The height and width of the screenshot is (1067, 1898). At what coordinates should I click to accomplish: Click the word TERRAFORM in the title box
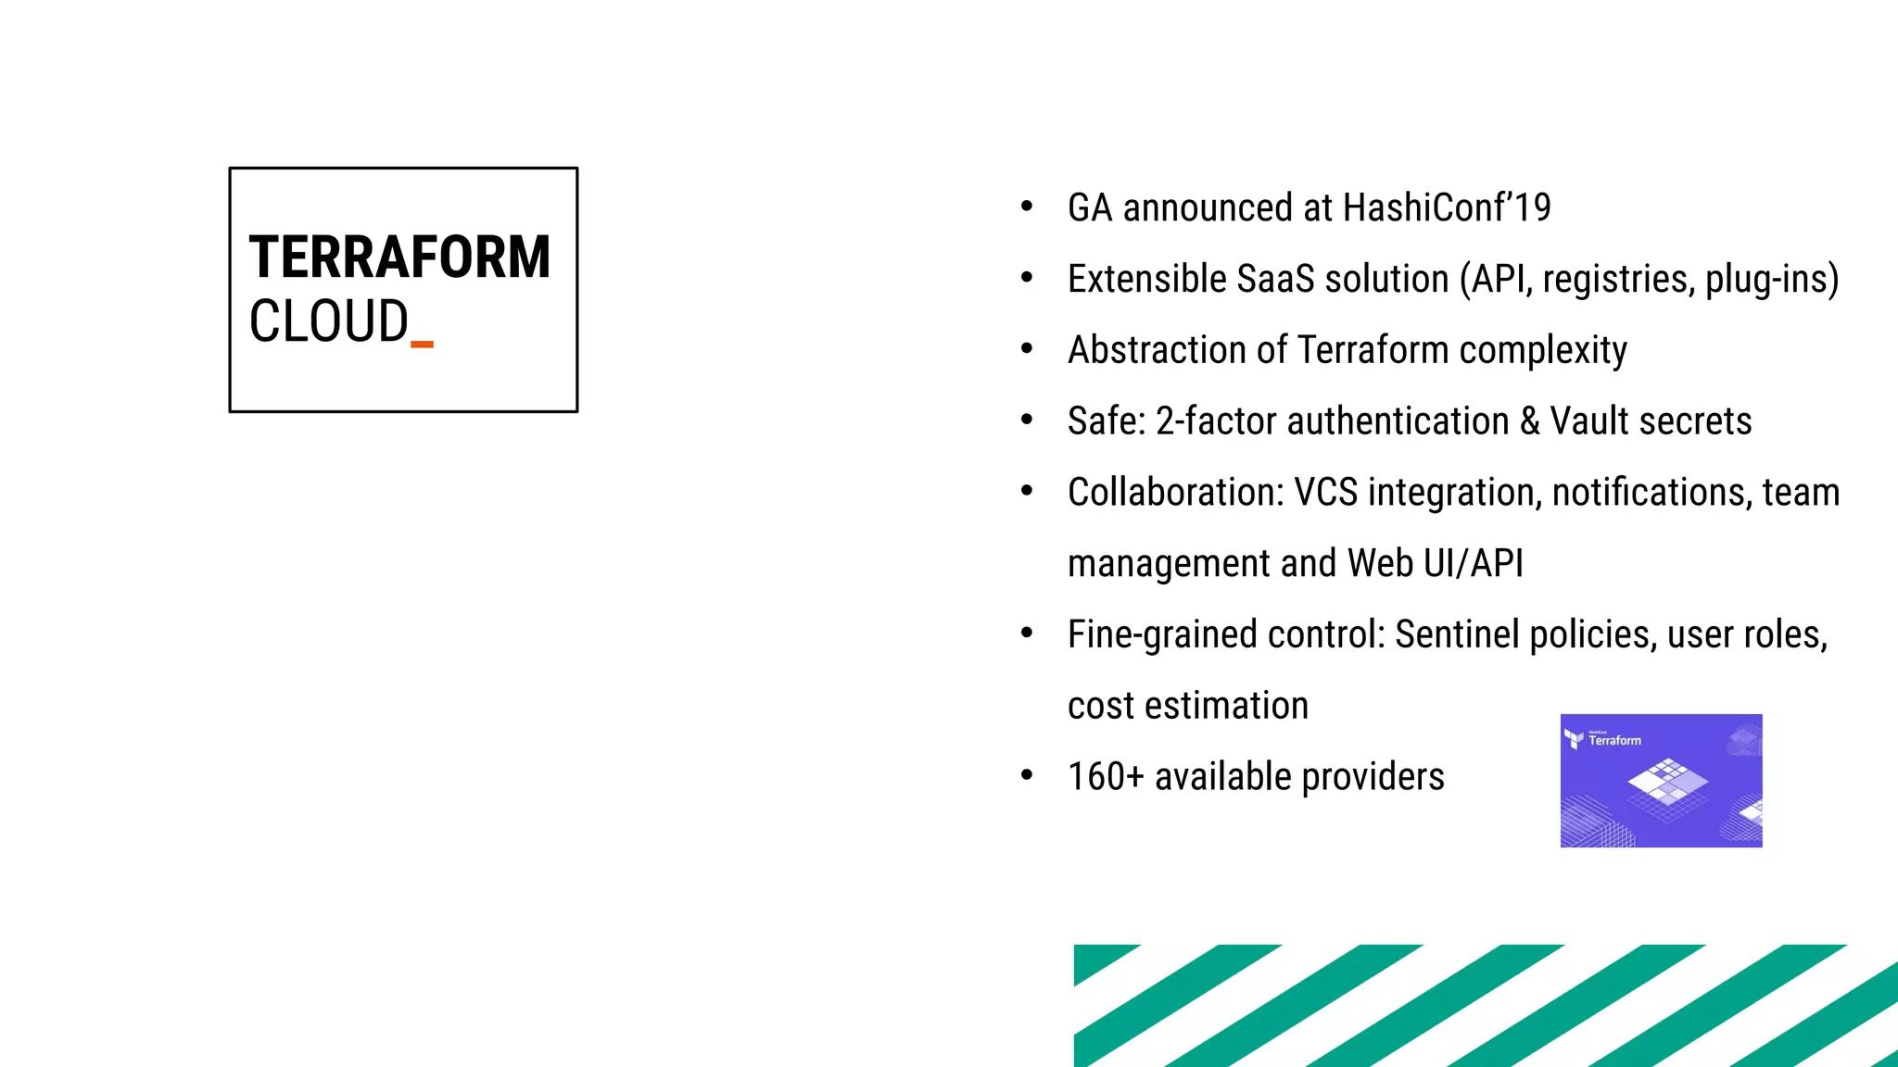point(399,257)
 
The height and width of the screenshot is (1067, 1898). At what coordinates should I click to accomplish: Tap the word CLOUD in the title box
point(328,321)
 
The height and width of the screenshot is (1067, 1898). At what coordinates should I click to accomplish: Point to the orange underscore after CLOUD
point(422,345)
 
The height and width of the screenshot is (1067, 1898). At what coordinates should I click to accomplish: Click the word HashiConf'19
point(1446,207)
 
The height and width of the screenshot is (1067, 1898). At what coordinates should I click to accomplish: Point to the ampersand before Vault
point(1529,421)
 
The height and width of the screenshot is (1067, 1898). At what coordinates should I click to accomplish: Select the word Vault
point(1589,421)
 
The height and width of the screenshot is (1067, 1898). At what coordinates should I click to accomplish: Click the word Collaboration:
point(1175,493)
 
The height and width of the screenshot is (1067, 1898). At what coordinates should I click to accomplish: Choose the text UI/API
point(1473,563)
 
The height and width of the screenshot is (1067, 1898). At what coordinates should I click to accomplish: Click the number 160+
point(1106,776)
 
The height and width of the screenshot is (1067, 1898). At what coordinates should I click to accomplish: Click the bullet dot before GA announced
point(1027,207)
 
